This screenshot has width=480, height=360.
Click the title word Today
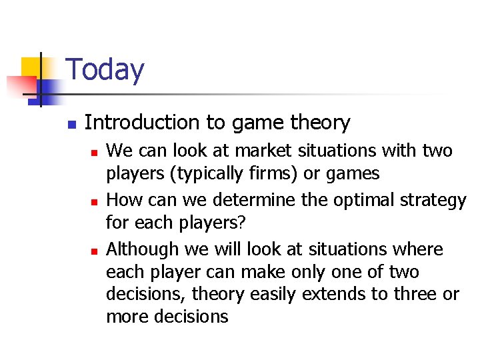click(x=105, y=70)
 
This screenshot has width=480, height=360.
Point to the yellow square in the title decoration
click(x=31, y=69)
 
